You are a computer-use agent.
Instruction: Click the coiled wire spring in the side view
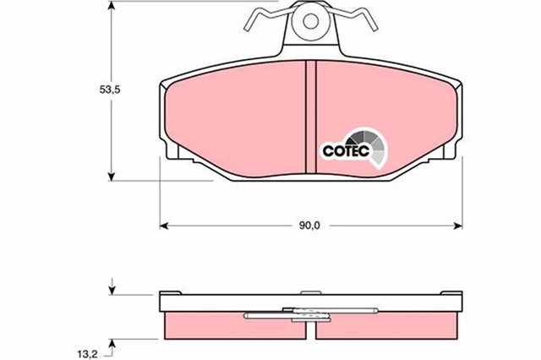coord(309,316)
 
